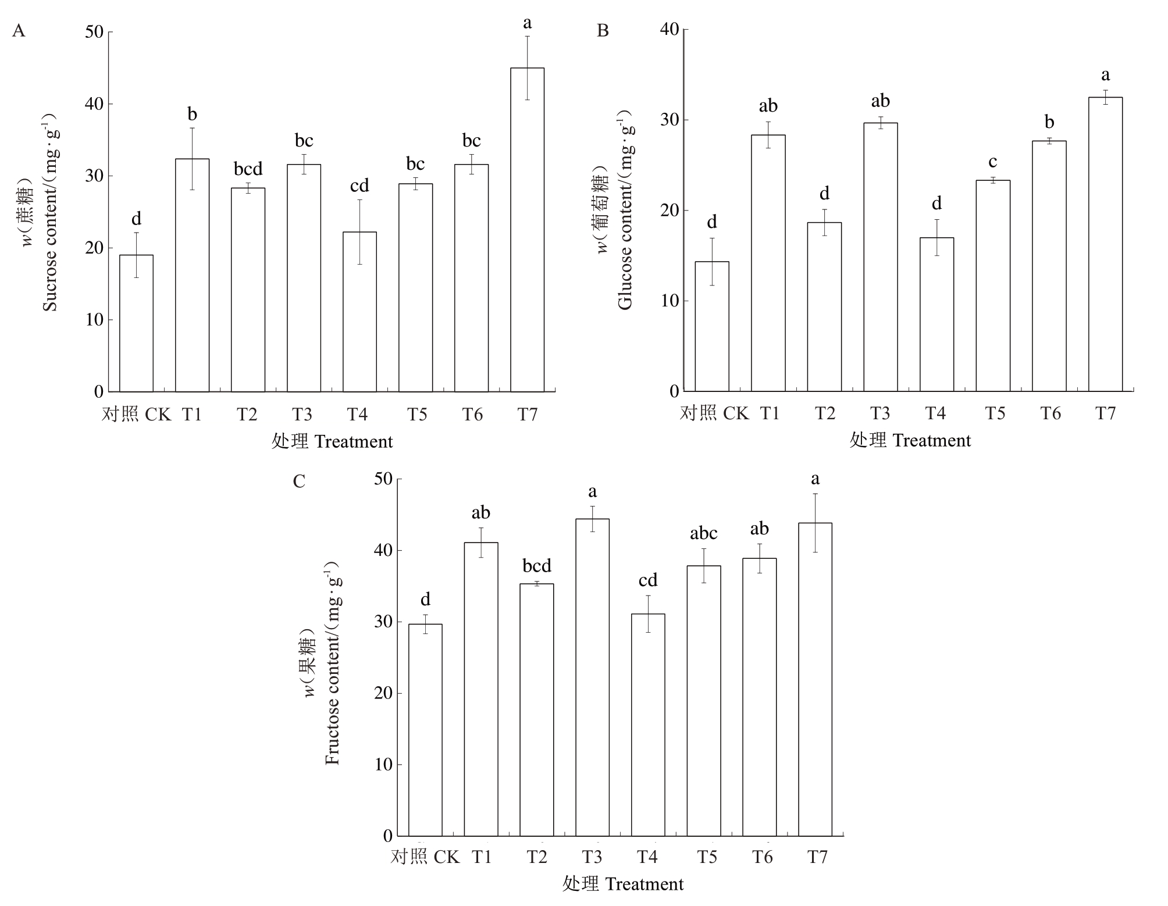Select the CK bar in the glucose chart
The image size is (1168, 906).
pyautogui.click(x=711, y=326)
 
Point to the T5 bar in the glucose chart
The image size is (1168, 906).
pyautogui.click(x=993, y=286)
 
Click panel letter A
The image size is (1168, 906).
pyautogui.click(x=19, y=31)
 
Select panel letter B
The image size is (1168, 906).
pyautogui.click(x=603, y=31)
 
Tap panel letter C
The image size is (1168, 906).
pyautogui.click(x=299, y=481)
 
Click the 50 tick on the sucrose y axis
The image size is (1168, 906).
pyautogui.click(x=94, y=32)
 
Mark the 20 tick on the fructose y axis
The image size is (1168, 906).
pyautogui.click(x=384, y=693)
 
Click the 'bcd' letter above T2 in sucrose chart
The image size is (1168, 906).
pyautogui.click(x=248, y=169)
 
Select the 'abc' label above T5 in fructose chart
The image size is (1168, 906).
pyautogui.click(x=703, y=533)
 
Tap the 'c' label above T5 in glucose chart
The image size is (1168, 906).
pyautogui.click(x=993, y=162)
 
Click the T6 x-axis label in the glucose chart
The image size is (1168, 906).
pyautogui.click(x=1051, y=413)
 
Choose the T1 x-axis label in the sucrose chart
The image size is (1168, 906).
pyautogui.click(x=192, y=415)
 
